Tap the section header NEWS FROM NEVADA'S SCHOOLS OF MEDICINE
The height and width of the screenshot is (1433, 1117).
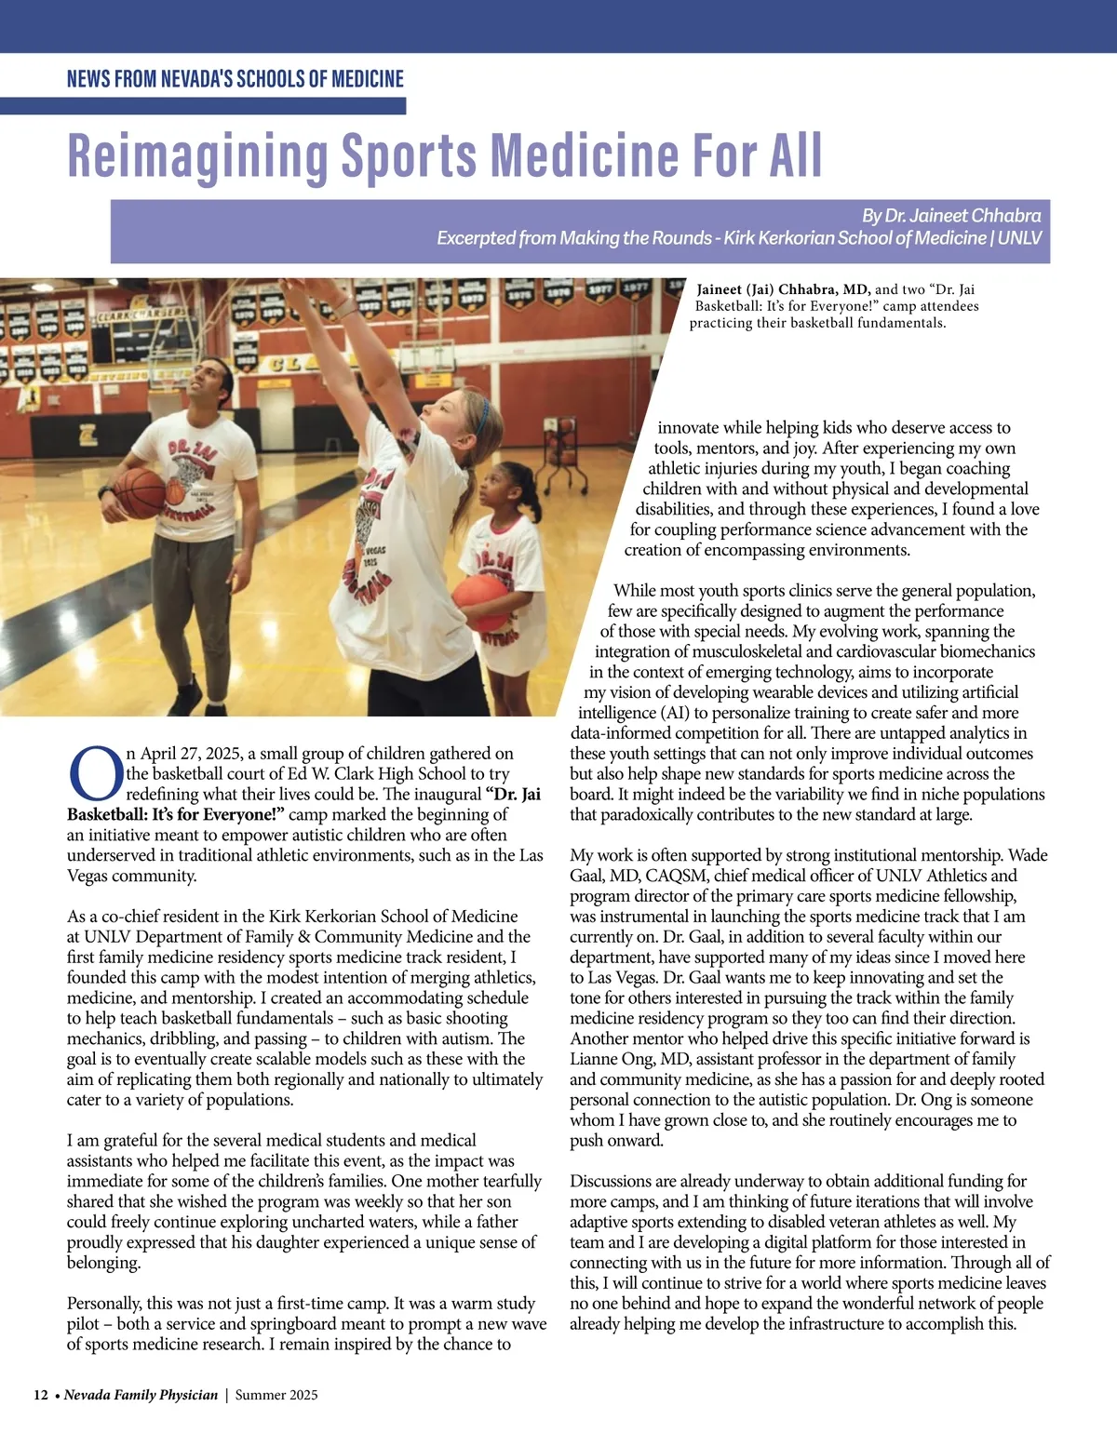236,79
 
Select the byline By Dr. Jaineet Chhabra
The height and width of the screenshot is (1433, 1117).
950,216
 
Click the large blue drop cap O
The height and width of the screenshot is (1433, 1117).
95,774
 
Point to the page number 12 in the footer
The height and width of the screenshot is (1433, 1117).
41,1395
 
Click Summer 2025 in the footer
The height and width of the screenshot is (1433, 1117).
276,1395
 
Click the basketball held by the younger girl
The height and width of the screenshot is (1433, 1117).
481,602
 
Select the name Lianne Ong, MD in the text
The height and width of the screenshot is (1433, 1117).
630,1059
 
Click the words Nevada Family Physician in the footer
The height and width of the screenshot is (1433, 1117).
141,1395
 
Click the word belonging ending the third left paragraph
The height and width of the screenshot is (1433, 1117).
103,1263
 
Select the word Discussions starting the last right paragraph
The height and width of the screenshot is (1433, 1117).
611,1182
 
